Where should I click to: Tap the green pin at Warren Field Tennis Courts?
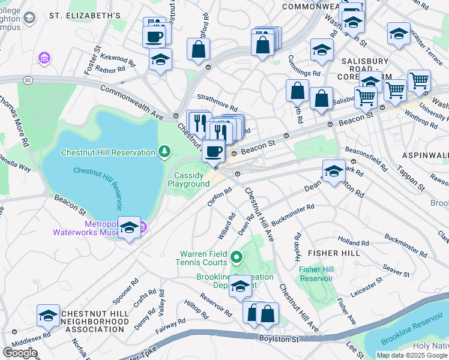click(x=237, y=258)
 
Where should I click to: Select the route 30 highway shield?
click(x=26, y=80)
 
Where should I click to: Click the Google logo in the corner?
click(x=20, y=353)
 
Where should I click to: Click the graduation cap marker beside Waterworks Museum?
click(x=129, y=229)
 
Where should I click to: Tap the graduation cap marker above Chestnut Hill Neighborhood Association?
click(x=49, y=316)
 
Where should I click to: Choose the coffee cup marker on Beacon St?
click(x=214, y=151)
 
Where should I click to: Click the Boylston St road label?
click(x=279, y=339)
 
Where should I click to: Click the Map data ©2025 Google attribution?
click(x=411, y=355)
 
